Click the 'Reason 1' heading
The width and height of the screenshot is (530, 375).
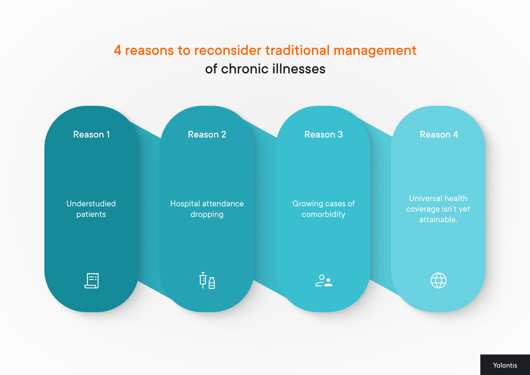click(x=91, y=135)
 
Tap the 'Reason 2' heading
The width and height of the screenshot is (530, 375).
click(x=207, y=135)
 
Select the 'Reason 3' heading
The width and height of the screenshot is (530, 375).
click(x=324, y=135)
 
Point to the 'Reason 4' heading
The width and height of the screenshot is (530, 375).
click(x=439, y=135)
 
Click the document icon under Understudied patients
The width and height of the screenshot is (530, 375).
click(x=92, y=281)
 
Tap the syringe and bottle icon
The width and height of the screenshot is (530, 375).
click(x=207, y=281)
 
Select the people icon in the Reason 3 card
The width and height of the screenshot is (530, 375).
click(x=324, y=281)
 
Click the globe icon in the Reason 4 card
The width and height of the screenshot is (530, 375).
click(x=439, y=281)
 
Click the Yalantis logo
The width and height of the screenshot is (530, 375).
click(x=505, y=365)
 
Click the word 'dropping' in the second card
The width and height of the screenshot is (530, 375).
click(x=207, y=215)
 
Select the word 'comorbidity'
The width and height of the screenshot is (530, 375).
click(x=324, y=215)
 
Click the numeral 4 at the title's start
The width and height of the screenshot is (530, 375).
click(x=118, y=51)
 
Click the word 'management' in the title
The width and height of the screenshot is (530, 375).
click(x=375, y=51)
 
